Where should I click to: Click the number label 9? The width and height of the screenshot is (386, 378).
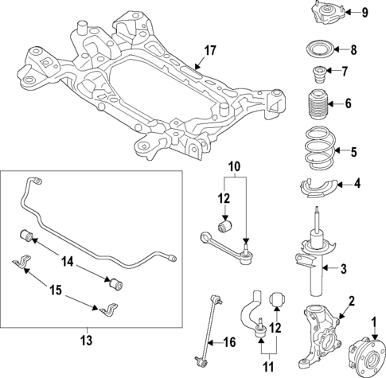[365, 12]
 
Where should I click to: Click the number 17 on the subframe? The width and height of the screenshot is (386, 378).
[209, 52]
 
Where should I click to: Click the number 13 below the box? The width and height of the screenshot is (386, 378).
[87, 340]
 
